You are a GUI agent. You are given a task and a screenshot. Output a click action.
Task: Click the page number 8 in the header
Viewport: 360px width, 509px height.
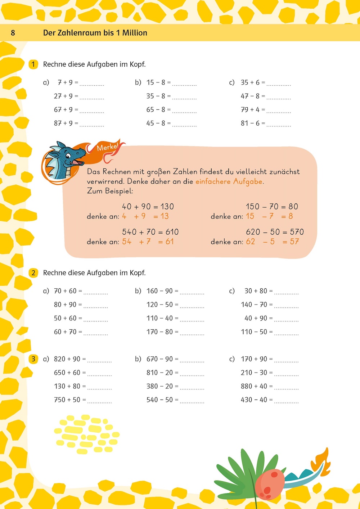[x=13, y=33]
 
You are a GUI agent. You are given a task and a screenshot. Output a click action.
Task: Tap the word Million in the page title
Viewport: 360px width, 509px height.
[x=135, y=33]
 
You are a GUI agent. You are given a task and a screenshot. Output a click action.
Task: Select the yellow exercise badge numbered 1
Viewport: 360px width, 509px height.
[x=33, y=64]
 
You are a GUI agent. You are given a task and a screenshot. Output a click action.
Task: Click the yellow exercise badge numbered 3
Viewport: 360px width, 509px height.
[x=33, y=359]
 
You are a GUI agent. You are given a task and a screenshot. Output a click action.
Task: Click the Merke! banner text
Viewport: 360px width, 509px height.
[x=107, y=147]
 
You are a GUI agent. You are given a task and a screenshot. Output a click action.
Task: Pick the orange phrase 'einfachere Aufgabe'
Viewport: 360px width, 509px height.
[x=229, y=181]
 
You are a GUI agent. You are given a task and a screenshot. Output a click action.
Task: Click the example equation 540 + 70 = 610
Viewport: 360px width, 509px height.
[x=150, y=232]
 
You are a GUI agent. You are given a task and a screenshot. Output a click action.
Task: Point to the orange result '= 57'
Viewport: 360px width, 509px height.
[x=291, y=242]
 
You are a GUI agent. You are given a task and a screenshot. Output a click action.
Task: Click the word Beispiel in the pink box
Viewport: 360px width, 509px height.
[x=118, y=191]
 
